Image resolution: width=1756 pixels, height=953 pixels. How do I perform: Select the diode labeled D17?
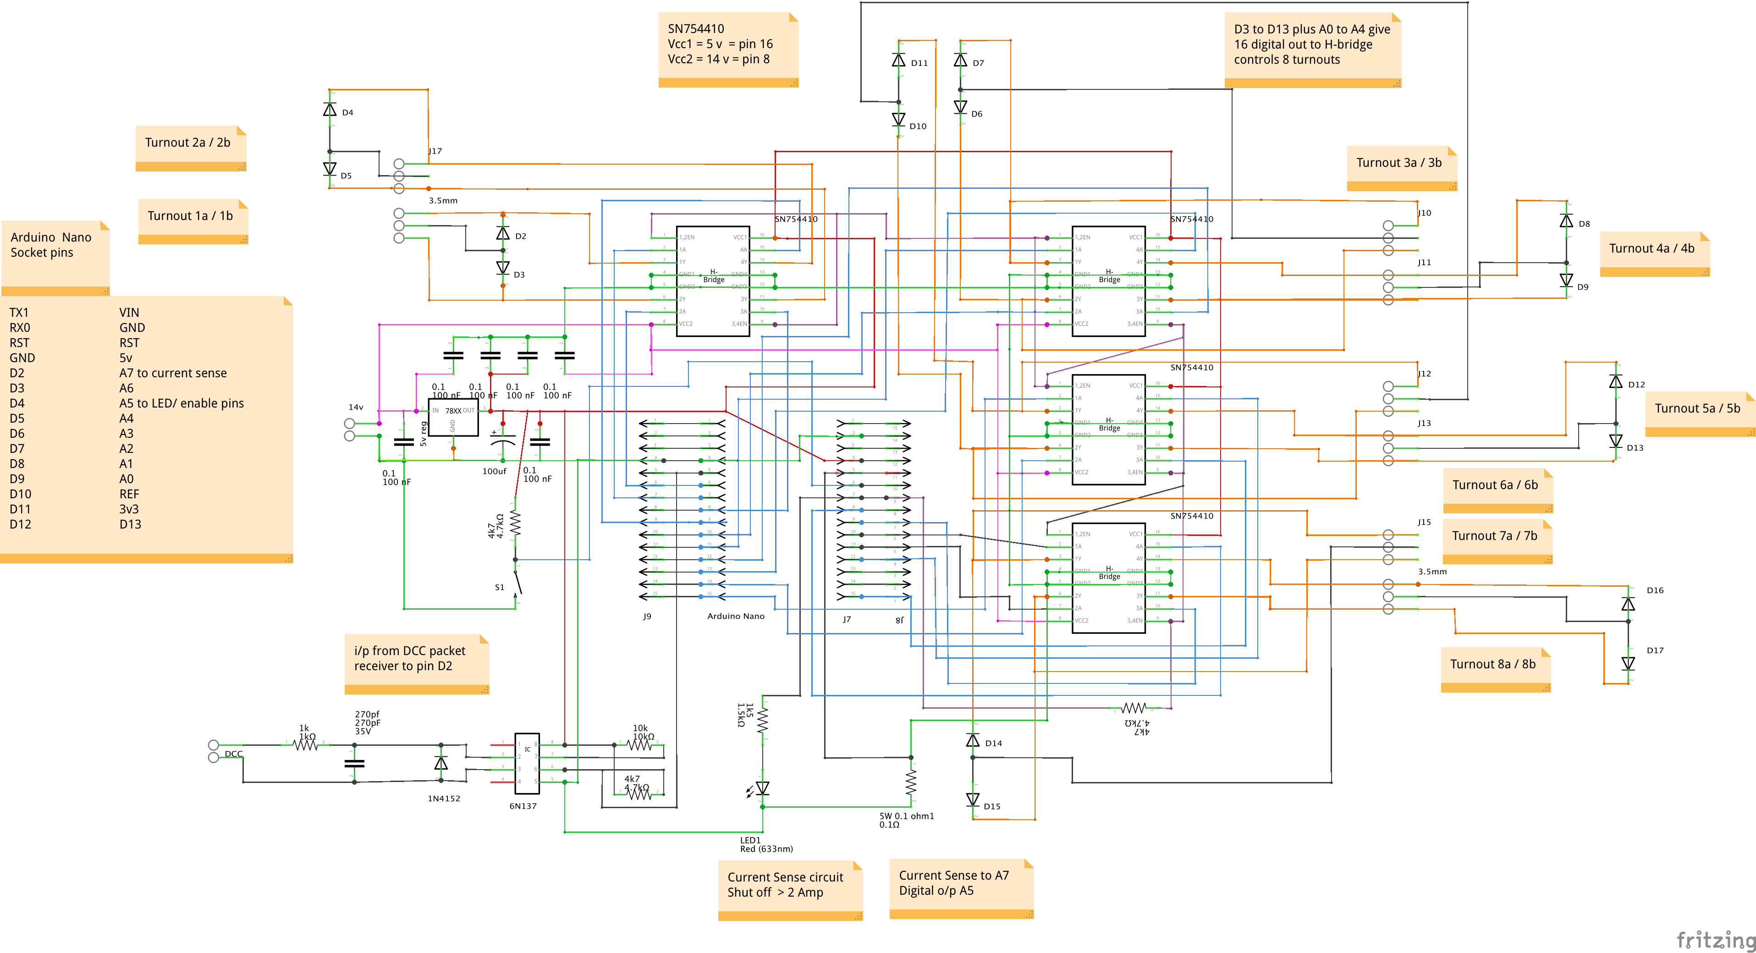[x=1628, y=662]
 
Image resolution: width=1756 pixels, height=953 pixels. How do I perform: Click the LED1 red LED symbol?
[x=762, y=789]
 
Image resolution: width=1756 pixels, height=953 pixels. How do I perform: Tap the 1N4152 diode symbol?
[x=441, y=763]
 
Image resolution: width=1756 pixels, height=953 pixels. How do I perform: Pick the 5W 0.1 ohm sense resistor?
[x=911, y=782]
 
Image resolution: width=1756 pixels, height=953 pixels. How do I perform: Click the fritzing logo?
[x=1714, y=939]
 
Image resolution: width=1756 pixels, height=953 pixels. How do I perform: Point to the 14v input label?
[x=356, y=407]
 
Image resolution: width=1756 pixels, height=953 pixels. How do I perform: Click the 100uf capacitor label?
[x=494, y=471]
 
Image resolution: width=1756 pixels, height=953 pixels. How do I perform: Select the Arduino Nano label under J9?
[x=736, y=616]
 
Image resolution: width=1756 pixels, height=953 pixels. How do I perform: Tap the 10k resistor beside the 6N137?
[x=639, y=745]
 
